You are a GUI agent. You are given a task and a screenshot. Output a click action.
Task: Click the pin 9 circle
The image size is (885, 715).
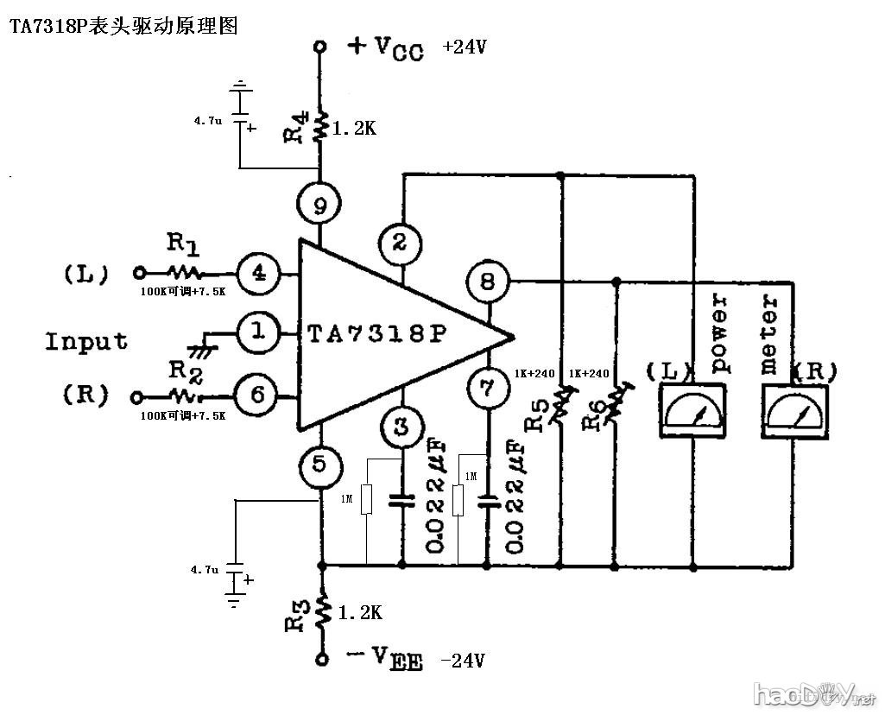(320, 206)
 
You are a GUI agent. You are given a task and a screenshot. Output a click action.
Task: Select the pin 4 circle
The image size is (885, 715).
(258, 274)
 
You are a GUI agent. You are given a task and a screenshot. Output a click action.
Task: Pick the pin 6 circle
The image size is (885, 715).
(258, 395)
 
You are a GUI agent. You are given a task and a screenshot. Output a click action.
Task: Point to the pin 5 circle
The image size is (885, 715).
(320, 467)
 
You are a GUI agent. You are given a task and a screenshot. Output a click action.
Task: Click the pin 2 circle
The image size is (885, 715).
(400, 242)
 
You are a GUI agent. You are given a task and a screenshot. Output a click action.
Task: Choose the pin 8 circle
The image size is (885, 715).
(488, 282)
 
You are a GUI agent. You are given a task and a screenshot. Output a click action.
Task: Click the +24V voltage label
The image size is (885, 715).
(464, 47)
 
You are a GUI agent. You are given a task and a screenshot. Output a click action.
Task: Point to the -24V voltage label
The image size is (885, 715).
(463, 661)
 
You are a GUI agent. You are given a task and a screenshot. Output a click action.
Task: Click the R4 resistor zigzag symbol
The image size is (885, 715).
(321, 128)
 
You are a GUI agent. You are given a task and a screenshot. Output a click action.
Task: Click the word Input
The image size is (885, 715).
(86, 341)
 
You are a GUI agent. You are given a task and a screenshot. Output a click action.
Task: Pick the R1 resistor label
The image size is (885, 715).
(183, 246)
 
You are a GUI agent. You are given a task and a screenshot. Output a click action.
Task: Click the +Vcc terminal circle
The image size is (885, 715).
(320, 47)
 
